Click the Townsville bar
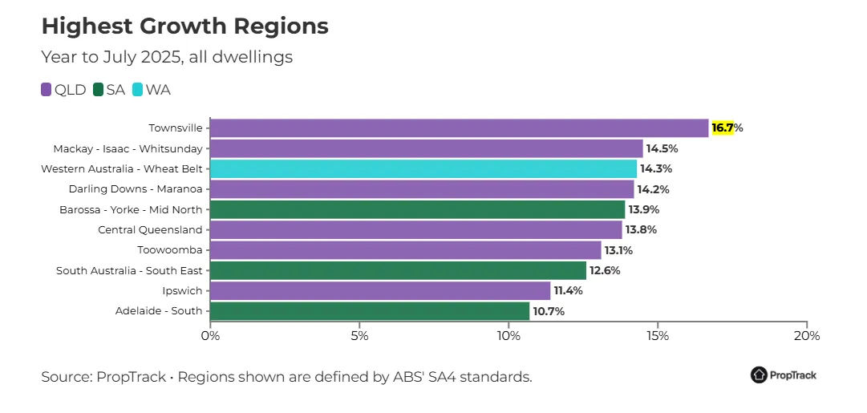click(x=459, y=128)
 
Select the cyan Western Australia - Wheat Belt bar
click(x=423, y=169)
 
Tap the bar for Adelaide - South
click(x=369, y=311)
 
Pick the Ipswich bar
click(x=379, y=290)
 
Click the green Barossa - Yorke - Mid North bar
click(x=417, y=209)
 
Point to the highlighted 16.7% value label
click(x=725, y=128)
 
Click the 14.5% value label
click(x=662, y=148)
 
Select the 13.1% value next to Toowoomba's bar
click(x=618, y=250)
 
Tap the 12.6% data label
click(x=605, y=270)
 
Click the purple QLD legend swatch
click(x=47, y=90)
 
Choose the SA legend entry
click(x=109, y=90)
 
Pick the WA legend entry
click(x=151, y=90)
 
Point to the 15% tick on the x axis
click(x=657, y=336)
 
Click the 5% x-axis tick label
click(x=359, y=336)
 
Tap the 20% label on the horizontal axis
click(x=806, y=336)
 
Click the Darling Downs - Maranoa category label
click(x=136, y=189)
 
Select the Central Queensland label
click(x=150, y=230)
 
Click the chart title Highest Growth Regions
click(x=184, y=26)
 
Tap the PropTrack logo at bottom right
click(x=783, y=375)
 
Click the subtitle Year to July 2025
click(x=167, y=57)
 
